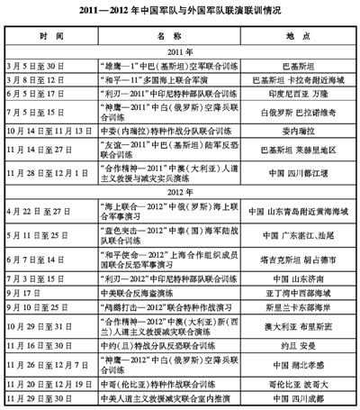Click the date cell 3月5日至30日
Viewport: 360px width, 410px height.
point(51,65)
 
